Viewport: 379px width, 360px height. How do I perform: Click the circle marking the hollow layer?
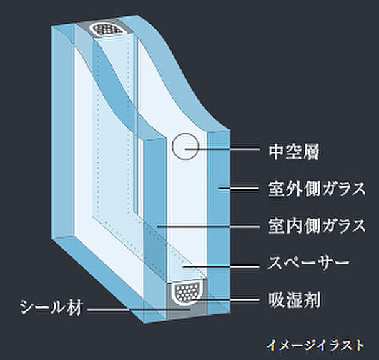click(185, 146)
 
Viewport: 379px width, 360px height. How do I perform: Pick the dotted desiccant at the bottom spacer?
click(187, 291)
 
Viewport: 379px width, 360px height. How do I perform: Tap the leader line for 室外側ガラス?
click(240, 189)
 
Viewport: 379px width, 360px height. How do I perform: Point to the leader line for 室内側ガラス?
click(207, 226)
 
